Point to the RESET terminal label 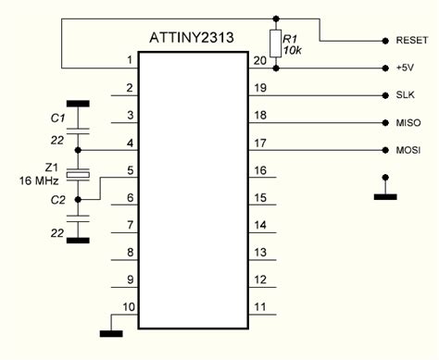tap(411, 41)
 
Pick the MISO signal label tap(407, 122)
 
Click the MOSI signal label tap(407, 150)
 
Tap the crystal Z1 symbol tap(79, 173)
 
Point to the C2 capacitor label tap(56, 198)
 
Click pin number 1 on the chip tap(130, 61)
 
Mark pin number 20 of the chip tap(258, 61)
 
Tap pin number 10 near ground tap(129, 305)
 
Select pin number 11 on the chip tap(258, 305)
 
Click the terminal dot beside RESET tap(384, 42)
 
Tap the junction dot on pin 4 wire tap(79, 150)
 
